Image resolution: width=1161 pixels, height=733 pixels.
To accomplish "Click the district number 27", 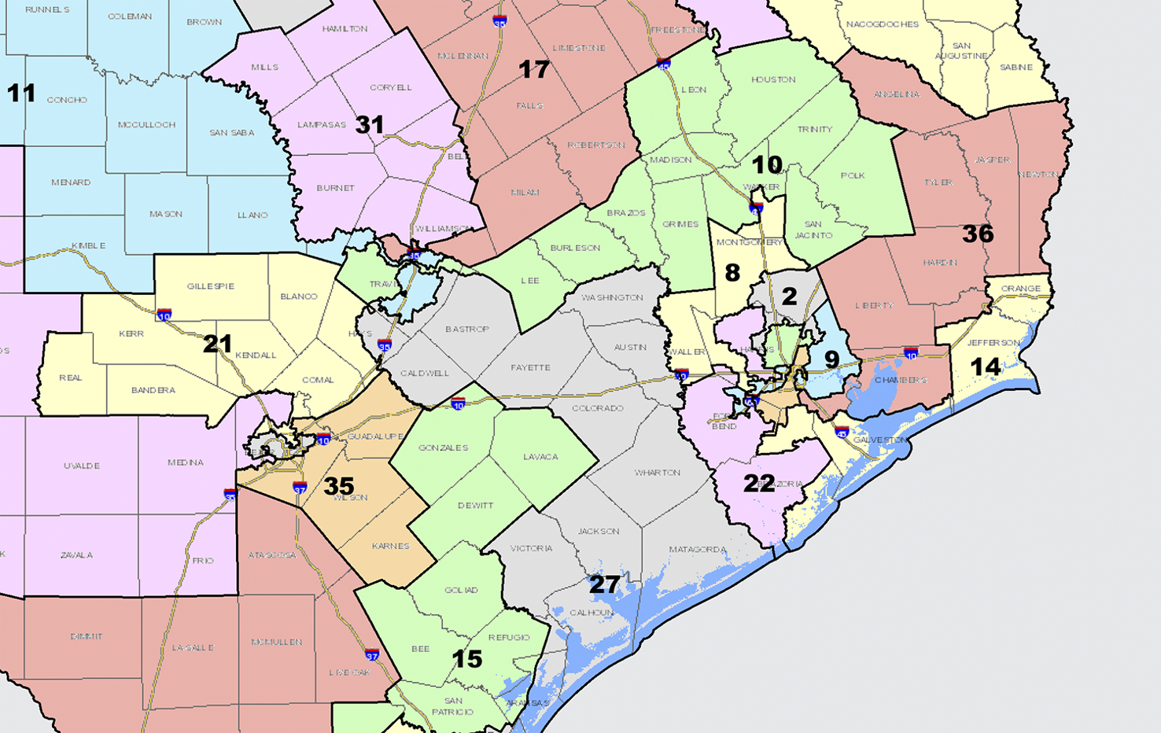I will [x=605, y=584].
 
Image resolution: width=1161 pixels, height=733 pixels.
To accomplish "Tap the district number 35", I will [x=339, y=486].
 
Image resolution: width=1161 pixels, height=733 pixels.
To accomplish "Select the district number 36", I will [x=978, y=234].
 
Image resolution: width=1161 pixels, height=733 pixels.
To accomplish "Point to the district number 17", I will [x=533, y=70].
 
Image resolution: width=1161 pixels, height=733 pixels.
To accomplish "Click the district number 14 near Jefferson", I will [x=985, y=366].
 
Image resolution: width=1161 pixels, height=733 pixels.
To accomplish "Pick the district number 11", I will [x=20, y=94].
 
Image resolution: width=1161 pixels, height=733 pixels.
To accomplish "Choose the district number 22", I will [x=759, y=484].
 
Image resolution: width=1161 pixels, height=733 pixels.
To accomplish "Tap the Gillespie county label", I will [x=211, y=286].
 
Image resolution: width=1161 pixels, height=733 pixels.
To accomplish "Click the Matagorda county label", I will [x=697, y=550].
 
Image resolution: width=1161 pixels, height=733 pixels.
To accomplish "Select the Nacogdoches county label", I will [x=882, y=24].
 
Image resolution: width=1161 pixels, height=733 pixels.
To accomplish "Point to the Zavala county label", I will [x=76, y=555].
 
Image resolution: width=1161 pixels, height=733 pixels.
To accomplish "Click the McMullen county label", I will [x=277, y=643].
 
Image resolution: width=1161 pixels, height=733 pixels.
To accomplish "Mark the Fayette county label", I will [x=530, y=367].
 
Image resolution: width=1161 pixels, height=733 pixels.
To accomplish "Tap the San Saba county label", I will [x=231, y=133].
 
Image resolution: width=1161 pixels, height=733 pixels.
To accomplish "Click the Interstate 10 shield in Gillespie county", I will [x=164, y=315].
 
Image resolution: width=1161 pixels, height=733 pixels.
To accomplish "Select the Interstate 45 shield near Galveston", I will [x=842, y=432].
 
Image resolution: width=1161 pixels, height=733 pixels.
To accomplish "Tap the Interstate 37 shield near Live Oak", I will [x=372, y=654].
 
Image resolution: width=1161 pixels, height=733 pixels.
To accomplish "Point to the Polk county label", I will [x=852, y=175].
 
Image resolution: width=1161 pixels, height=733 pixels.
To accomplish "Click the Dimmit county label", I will [x=86, y=636].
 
